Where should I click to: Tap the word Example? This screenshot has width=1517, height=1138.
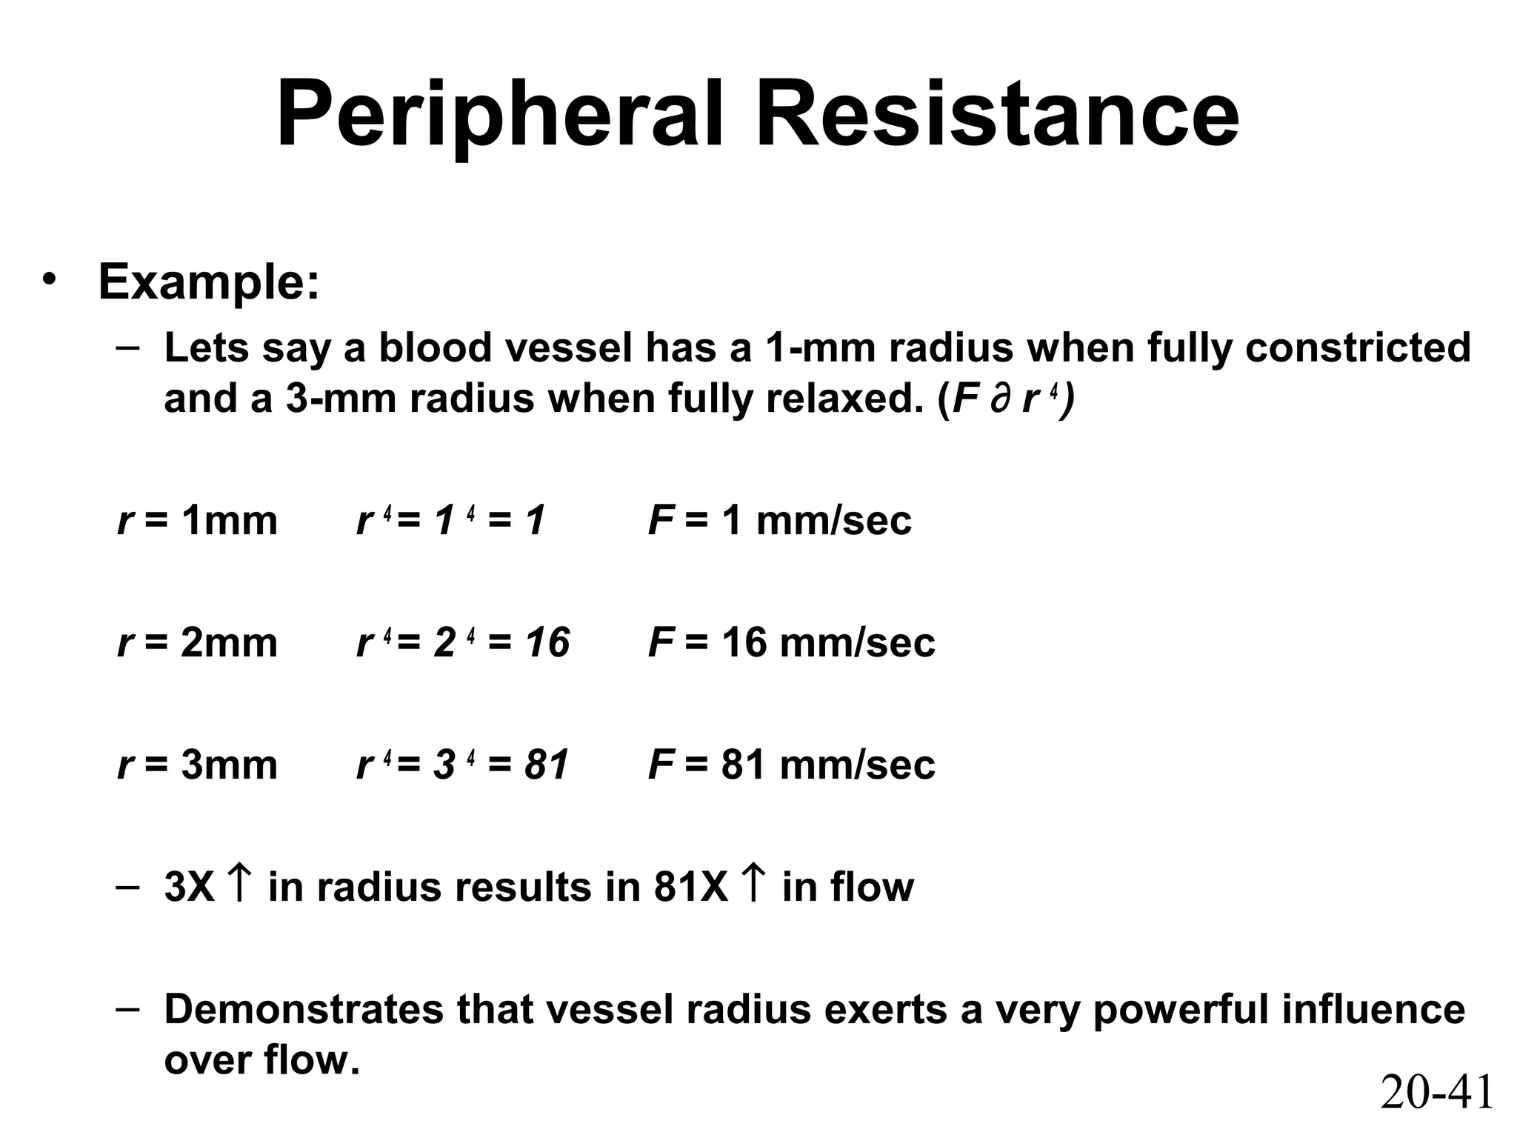point(209,282)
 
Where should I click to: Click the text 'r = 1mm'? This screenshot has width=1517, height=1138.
point(197,520)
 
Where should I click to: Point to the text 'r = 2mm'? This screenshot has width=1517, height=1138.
point(197,642)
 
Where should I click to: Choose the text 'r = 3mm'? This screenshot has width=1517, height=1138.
point(197,764)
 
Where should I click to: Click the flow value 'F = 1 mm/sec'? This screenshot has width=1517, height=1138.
point(779,520)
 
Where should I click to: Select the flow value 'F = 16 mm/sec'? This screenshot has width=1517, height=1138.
point(791,642)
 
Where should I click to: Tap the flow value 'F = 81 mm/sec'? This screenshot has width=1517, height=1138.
point(791,764)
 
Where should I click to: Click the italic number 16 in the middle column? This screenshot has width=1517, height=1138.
point(548,642)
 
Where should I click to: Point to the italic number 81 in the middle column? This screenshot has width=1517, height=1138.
point(547,764)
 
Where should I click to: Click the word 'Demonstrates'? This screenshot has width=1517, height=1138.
point(303,1009)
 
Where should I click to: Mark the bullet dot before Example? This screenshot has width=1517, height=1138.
point(49,281)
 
